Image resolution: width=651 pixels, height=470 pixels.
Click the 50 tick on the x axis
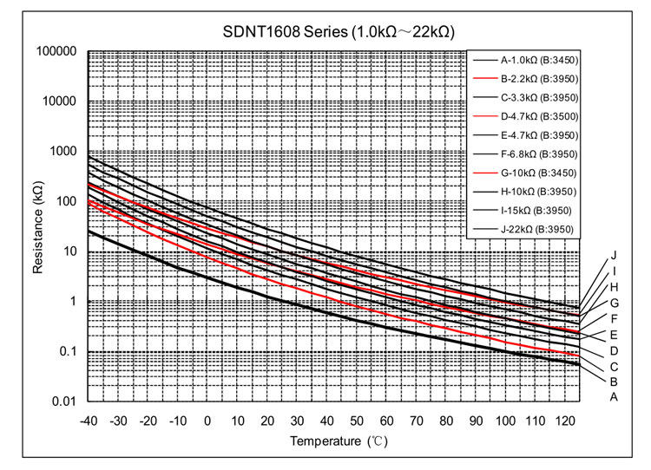pyautogui.click(x=356, y=421)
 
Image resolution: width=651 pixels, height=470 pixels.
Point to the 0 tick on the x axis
pyautogui.click(x=207, y=421)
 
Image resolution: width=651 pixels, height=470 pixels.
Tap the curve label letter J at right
pyautogui.click(x=613, y=255)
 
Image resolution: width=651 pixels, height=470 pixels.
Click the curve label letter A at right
pyautogui.click(x=613, y=397)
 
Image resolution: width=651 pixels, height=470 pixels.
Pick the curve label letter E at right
pyautogui.click(x=613, y=334)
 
